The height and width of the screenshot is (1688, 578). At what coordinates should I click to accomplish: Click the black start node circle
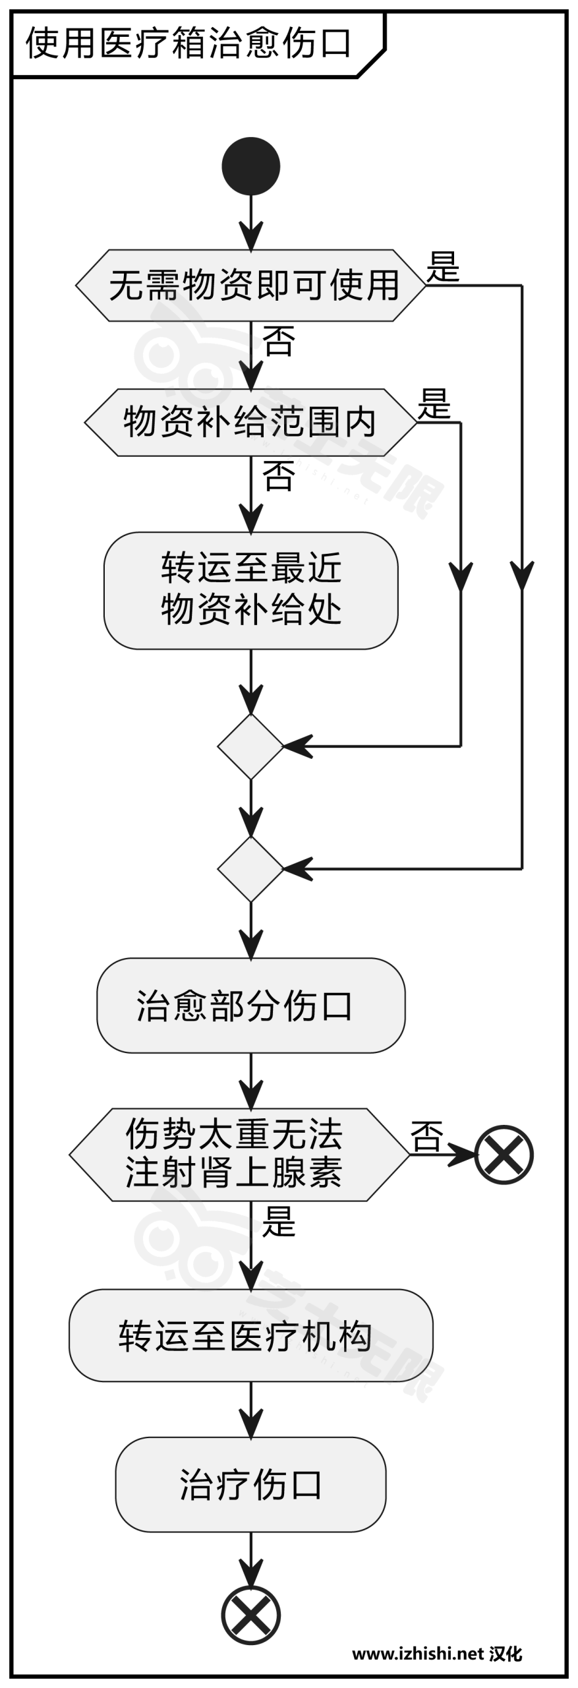tap(250, 166)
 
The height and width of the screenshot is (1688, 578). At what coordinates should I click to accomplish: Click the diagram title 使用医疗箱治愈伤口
tap(188, 44)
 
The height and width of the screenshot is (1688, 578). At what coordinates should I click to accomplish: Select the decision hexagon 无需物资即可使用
tap(250, 286)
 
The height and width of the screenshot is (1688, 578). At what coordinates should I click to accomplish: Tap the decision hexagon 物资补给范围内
tap(250, 422)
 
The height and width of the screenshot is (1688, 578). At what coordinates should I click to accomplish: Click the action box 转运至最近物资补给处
tap(250, 590)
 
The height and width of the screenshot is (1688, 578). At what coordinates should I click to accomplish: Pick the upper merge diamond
tap(250, 746)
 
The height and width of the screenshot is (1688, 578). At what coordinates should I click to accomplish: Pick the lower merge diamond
tap(250, 869)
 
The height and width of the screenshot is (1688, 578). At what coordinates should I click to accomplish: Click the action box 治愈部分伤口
tap(250, 1006)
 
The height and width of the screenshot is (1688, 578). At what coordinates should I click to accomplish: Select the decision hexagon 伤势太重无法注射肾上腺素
tap(239, 1155)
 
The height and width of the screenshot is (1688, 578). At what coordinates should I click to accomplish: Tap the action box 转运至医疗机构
tap(250, 1336)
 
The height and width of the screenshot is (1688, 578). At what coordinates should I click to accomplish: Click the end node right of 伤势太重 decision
tap(504, 1155)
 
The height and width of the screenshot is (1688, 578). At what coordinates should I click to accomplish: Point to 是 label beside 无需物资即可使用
tap(442, 267)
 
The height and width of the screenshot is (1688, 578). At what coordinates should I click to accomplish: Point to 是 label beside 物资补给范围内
tap(434, 404)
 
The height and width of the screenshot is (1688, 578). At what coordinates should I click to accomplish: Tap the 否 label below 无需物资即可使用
tap(279, 341)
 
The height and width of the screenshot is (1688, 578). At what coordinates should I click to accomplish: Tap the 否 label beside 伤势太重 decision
tap(426, 1136)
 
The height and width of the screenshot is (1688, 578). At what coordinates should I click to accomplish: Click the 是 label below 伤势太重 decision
tap(279, 1221)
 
